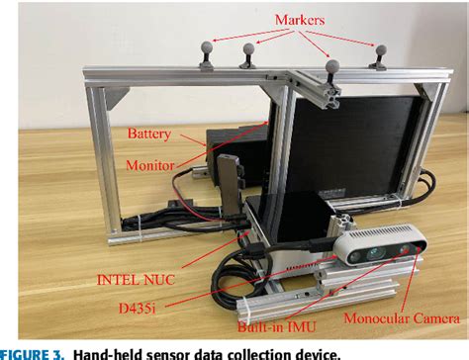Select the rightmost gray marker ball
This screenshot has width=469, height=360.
click(378, 48)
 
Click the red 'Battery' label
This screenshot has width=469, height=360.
click(150, 132)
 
